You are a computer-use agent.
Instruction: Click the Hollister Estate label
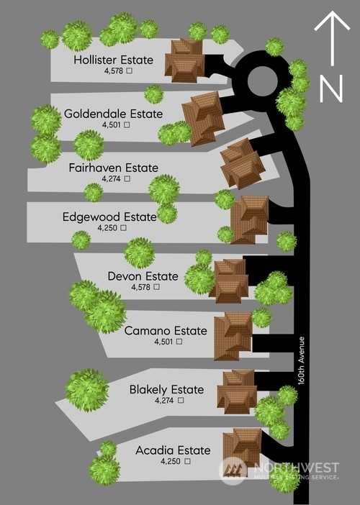pos(113,60)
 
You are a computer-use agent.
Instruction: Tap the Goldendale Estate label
pos(113,114)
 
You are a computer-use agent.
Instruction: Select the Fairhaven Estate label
pos(114,168)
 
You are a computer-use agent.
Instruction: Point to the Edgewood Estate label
pos(109,217)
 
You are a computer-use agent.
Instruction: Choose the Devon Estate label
pos(143,276)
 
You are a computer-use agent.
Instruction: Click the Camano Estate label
pos(166,331)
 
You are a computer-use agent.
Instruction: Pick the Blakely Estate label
pos(166,390)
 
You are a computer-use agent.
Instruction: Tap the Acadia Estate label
pos(173,450)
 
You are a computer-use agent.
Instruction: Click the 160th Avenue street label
pos(302,360)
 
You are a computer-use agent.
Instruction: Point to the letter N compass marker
pos(331,88)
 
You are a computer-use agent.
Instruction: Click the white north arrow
pos(332,38)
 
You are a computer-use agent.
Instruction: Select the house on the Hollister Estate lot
pos(184,60)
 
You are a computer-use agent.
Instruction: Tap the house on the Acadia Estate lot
pos(243,447)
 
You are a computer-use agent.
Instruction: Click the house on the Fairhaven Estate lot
pos(243,163)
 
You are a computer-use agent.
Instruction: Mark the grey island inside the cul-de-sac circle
pos(262,81)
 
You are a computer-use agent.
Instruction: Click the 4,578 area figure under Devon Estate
pos(141,286)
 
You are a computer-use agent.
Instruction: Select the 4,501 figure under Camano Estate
pos(163,342)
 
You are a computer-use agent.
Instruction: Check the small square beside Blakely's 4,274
pos(181,400)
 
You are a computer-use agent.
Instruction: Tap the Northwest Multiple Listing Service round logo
pos(233,470)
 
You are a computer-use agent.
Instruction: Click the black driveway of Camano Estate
pos(273,343)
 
